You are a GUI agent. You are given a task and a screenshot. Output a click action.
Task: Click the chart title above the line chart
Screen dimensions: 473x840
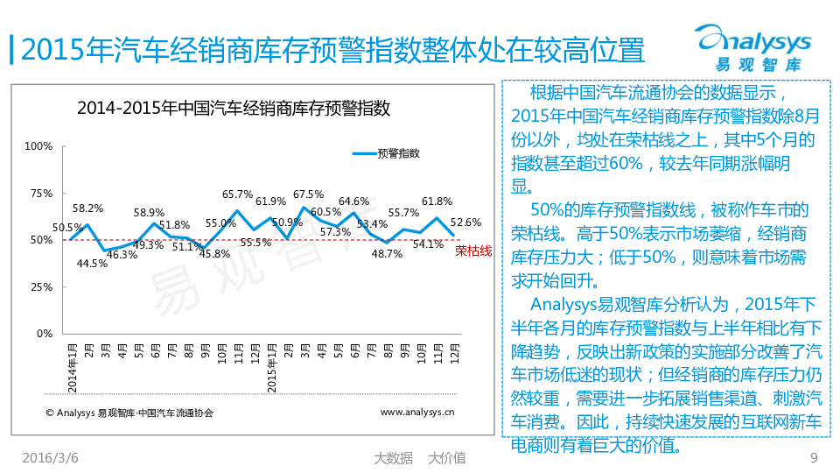click(x=234, y=109)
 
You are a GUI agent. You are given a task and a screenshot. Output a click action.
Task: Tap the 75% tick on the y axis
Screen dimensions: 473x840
click(x=42, y=194)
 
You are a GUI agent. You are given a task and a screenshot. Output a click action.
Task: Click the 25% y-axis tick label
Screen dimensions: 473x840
click(x=42, y=287)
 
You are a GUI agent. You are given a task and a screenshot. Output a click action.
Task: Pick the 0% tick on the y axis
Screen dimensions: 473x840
click(x=45, y=335)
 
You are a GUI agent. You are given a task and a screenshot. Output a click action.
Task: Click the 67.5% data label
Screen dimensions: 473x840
click(x=308, y=194)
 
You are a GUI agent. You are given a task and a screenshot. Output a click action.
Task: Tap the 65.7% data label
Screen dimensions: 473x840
click(x=237, y=194)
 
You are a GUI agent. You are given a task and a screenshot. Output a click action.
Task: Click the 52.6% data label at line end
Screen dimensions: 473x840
click(x=465, y=222)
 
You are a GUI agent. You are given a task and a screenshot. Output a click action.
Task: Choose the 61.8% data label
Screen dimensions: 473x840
click(x=437, y=201)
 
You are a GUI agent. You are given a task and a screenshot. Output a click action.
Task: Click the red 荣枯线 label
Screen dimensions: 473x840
click(x=473, y=251)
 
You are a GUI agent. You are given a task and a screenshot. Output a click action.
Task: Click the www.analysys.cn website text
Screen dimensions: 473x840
click(x=417, y=411)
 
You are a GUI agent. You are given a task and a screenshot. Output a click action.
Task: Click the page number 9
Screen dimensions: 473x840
click(x=814, y=458)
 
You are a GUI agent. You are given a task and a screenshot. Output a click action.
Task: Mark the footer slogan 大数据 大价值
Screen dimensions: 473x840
click(x=419, y=458)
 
